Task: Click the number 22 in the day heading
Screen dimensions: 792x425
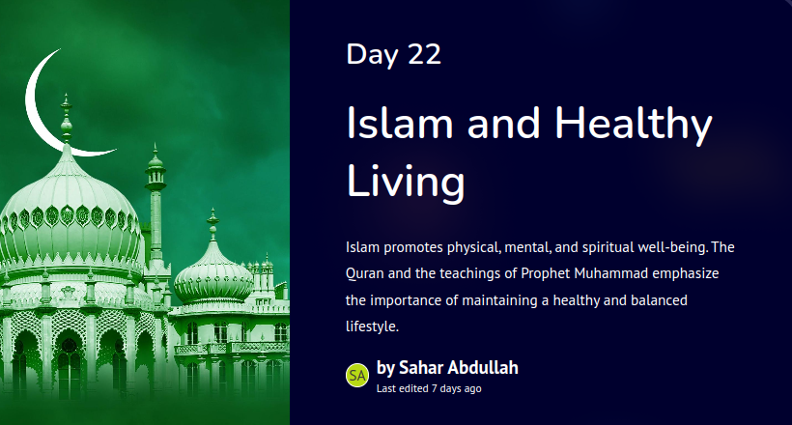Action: pos(424,54)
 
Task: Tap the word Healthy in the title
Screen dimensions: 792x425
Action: pos(634,125)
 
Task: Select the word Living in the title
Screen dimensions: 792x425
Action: pos(406,182)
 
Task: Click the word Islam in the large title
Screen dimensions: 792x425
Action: pos(399,123)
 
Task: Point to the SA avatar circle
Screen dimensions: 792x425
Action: pos(357,376)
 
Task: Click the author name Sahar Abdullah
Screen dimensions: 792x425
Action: pos(459,367)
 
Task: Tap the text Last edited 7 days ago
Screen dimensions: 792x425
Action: pos(429,388)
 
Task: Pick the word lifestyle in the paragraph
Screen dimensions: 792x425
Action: pos(372,326)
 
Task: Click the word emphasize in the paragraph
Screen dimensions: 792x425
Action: pos(686,274)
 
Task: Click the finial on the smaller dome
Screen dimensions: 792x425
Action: pos(213,225)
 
